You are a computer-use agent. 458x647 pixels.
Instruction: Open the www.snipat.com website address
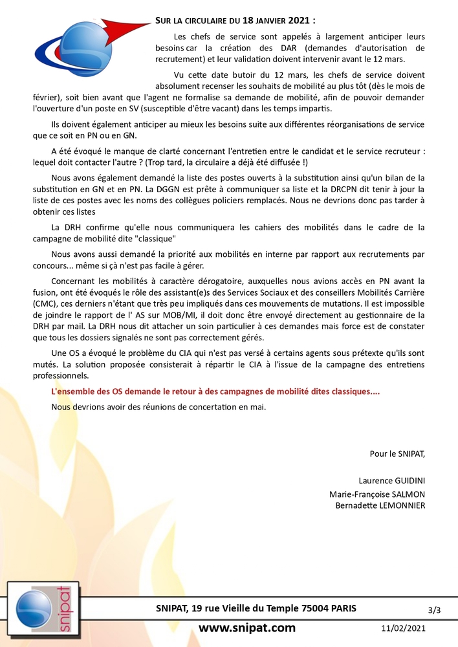[246, 628]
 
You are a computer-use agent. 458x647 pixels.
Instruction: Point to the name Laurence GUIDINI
[392, 481]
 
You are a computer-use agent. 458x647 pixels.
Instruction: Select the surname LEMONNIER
[398, 505]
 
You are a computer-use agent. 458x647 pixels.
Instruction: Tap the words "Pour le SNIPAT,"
[397, 454]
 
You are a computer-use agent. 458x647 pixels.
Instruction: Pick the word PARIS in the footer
[343, 609]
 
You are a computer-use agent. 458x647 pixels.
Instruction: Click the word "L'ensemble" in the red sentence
[74, 392]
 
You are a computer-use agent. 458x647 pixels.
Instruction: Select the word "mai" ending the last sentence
[257, 407]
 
